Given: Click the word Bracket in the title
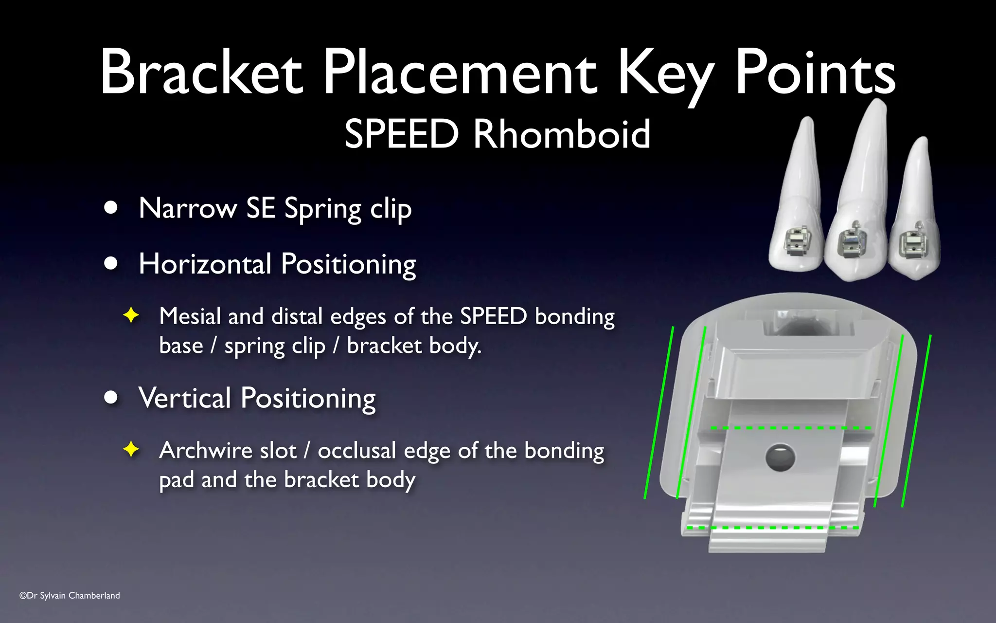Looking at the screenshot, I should point(201,72).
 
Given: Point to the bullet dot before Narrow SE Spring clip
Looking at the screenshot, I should point(111,208).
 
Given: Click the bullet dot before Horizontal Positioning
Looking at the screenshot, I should point(111,263).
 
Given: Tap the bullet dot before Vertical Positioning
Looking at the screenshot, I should point(111,398).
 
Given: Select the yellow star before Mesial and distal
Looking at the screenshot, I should point(131,315).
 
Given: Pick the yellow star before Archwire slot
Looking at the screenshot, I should point(131,449).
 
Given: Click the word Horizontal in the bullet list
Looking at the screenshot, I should point(205,264).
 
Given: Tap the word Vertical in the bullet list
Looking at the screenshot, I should point(184,398).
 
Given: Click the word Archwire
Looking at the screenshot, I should point(228,450).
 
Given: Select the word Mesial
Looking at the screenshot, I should point(190,316).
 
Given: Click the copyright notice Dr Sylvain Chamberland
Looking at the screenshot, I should point(70,595).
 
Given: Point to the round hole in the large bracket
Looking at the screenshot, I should point(780,458).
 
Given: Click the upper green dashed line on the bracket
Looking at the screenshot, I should point(790,428).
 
